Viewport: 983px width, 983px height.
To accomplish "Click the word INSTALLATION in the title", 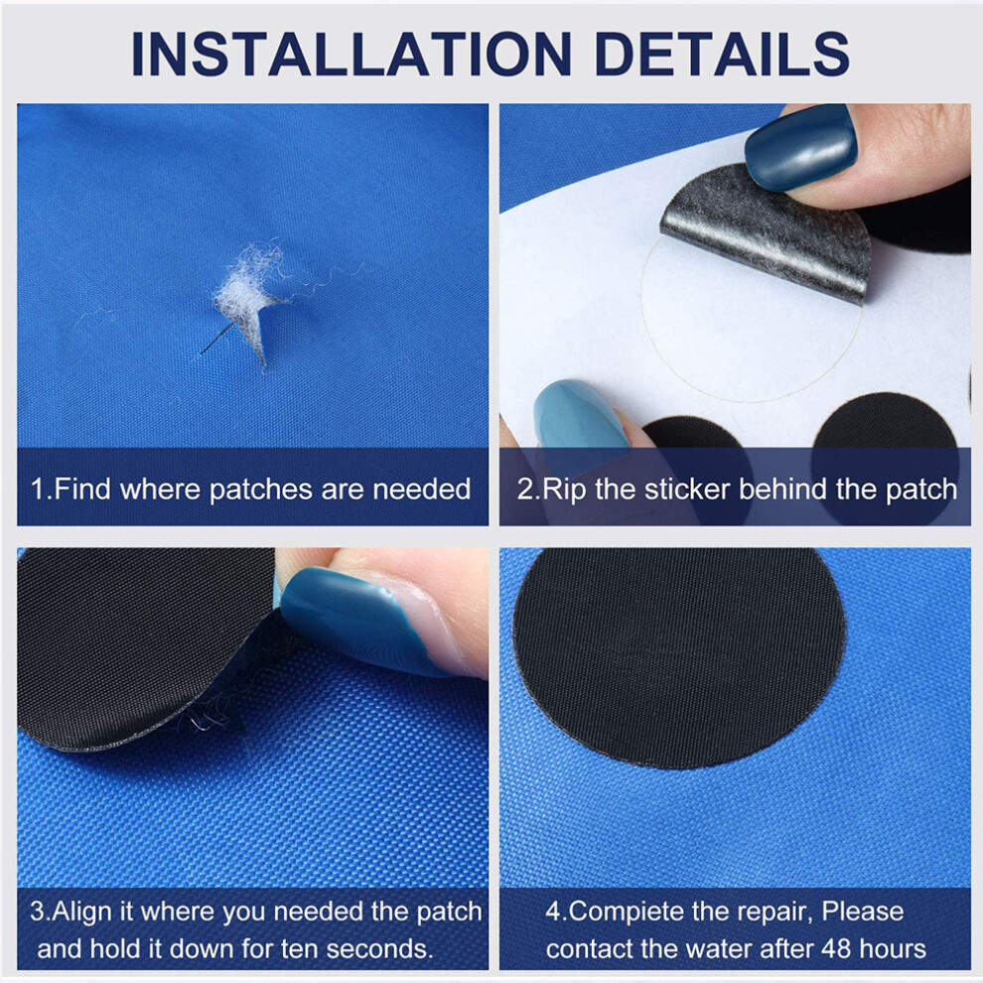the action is click(x=351, y=54).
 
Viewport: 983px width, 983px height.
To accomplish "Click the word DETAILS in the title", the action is click(x=722, y=54).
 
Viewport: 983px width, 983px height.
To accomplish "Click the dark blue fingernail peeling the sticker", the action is click(x=800, y=146).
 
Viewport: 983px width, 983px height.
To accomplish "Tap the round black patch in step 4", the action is click(x=678, y=657).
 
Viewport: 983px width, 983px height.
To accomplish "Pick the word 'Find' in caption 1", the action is click(x=83, y=489).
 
